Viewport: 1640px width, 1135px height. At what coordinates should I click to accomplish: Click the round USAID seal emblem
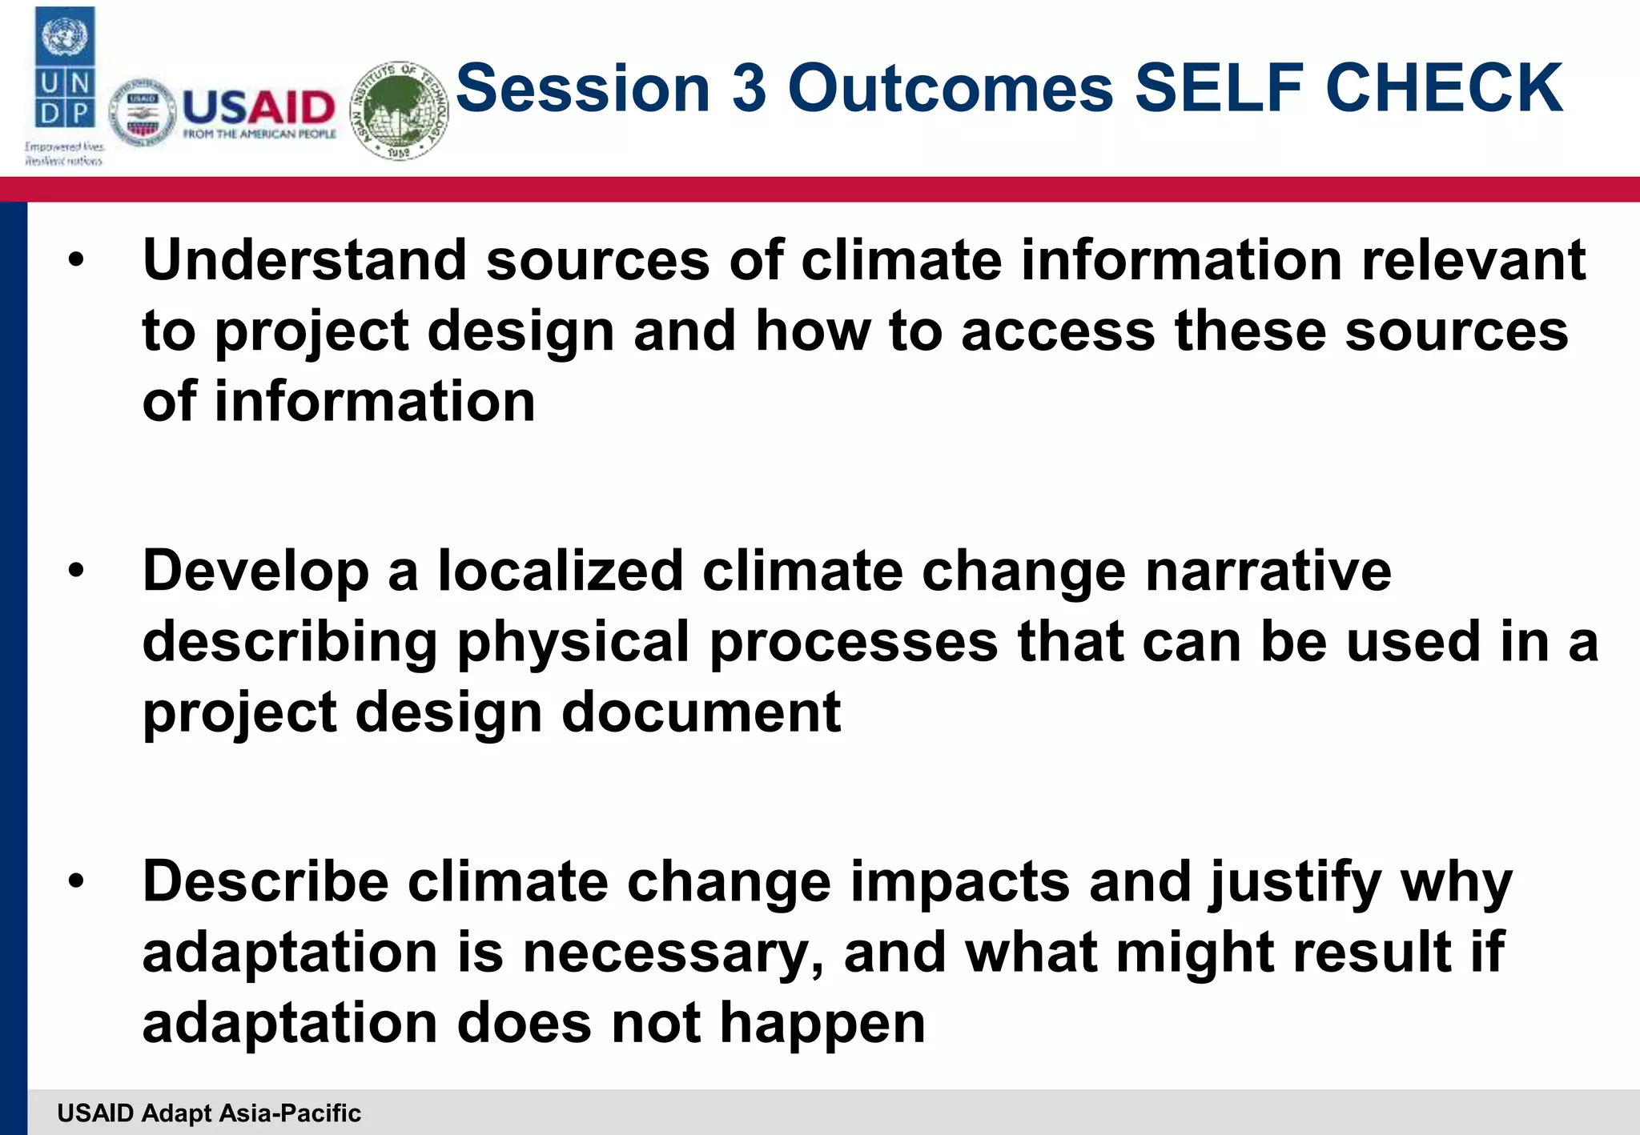tap(142, 114)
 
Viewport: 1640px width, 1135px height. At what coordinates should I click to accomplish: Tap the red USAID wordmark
tap(259, 107)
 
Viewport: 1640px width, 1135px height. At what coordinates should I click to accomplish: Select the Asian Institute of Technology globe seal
tap(400, 110)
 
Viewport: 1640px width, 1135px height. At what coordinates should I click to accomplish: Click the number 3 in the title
tap(749, 87)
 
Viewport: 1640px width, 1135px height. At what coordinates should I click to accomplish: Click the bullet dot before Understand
tap(76, 261)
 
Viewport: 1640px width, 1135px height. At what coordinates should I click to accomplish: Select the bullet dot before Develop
tap(76, 572)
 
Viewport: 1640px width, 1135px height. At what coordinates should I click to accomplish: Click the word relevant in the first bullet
tap(1473, 260)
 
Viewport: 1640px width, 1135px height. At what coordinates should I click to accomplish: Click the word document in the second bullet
tap(701, 712)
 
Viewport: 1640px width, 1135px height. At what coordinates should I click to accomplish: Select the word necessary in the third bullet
tap(672, 953)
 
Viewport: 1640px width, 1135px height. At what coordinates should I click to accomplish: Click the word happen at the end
tap(822, 1024)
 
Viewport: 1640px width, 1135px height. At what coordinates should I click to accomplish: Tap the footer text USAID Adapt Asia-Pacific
tap(209, 1113)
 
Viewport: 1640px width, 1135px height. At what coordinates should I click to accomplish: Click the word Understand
tap(304, 260)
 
